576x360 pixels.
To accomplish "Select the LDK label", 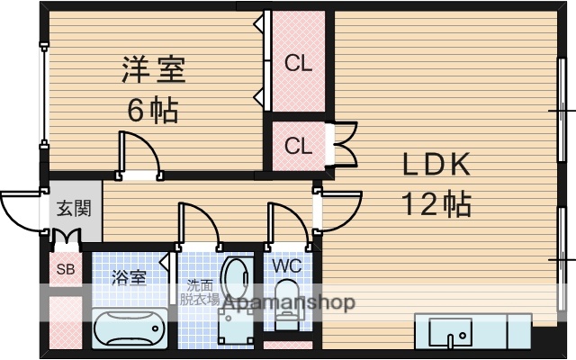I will point(436,165).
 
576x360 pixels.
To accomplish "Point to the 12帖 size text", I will point(436,204).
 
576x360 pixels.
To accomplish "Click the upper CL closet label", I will point(298,63).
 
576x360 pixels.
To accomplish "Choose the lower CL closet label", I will point(298,145).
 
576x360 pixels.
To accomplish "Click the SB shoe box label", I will point(66,269).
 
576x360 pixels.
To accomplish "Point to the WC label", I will point(286,266).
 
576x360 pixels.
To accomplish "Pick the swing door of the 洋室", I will point(139,153).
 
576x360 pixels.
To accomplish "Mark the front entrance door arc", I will point(22,211).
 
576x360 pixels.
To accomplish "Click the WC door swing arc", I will point(286,223).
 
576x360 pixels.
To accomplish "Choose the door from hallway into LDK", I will point(337,211).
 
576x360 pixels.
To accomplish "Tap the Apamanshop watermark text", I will point(288,303).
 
